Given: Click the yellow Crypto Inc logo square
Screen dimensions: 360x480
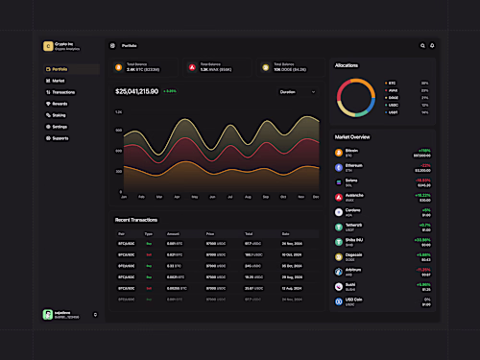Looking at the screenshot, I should pyautogui.click(x=47, y=46).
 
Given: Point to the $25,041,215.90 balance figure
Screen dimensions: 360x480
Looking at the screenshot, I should pyautogui.click(x=136, y=91).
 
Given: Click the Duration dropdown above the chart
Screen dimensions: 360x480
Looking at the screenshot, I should pyautogui.click(x=297, y=91).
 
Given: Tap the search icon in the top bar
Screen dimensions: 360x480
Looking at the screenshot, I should pyautogui.click(x=422, y=45).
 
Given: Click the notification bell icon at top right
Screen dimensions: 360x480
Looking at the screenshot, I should pyautogui.click(x=432, y=45).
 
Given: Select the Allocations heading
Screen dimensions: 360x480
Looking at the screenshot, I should pyautogui.click(x=347, y=65).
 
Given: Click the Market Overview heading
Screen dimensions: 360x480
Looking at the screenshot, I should pyautogui.click(x=353, y=137).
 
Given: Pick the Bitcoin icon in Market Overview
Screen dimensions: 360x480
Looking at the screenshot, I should pyautogui.click(x=339, y=153).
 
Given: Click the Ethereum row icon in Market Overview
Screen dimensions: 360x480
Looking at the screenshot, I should pyautogui.click(x=339, y=167).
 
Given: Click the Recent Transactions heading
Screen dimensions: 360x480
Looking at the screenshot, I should pyautogui.click(x=136, y=220).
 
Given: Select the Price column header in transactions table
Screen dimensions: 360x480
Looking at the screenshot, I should pyautogui.click(x=210, y=233).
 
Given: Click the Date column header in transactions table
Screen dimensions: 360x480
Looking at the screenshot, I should pyautogui.click(x=286, y=233).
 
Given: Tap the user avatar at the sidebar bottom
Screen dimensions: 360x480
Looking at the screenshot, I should pyautogui.click(x=47, y=314).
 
